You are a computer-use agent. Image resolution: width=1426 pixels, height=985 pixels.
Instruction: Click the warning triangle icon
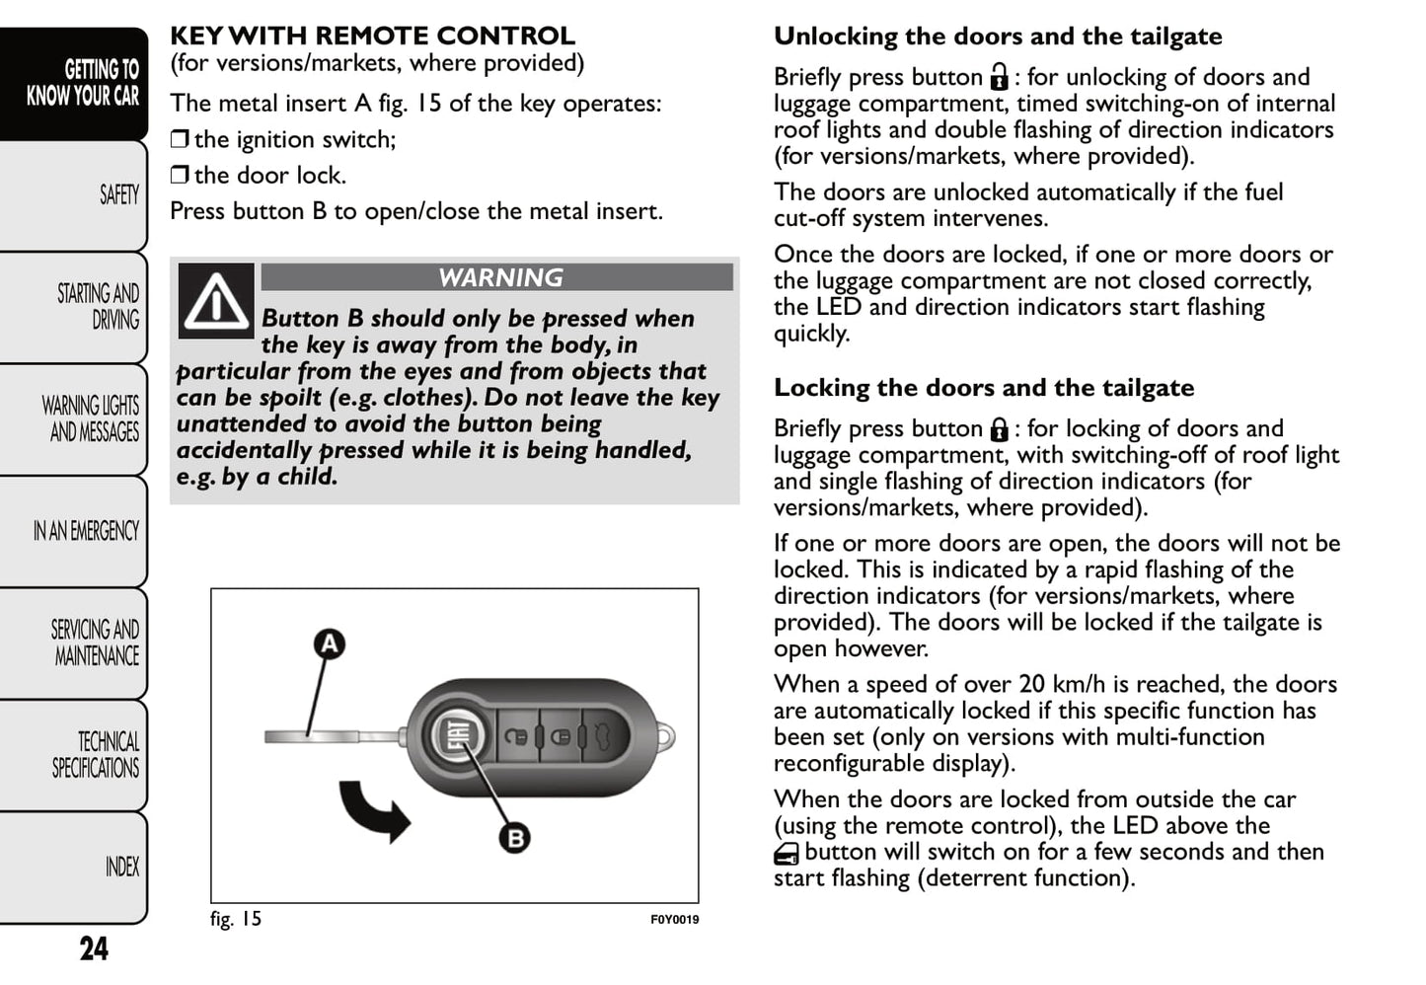[x=216, y=300]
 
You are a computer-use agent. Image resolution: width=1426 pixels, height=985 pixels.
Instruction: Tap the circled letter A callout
[x=329, y=644]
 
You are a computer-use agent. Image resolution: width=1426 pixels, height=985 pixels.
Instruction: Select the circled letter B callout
[x=515, y=838]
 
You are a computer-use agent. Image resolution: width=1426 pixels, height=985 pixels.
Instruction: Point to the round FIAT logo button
[x=459, y=736]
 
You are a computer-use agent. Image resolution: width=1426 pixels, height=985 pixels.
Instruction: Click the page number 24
[x=94, y=948]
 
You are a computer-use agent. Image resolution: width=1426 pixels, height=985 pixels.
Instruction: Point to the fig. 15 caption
[x=236, y=919]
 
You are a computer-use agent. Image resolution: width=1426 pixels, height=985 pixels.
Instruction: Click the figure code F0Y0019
[x=674, y=920]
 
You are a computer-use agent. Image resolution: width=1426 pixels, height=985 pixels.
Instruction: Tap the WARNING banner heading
[x=499, y=277]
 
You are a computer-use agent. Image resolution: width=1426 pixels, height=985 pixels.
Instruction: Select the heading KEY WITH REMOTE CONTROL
[x=372, y=37]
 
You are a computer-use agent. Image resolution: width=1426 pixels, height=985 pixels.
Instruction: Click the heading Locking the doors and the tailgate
[x=983, y=388]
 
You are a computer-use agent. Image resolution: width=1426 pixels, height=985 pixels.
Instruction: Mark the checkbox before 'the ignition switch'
[x=179, y=139]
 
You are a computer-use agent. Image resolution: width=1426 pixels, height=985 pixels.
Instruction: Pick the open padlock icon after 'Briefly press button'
[x=999, y=77]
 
